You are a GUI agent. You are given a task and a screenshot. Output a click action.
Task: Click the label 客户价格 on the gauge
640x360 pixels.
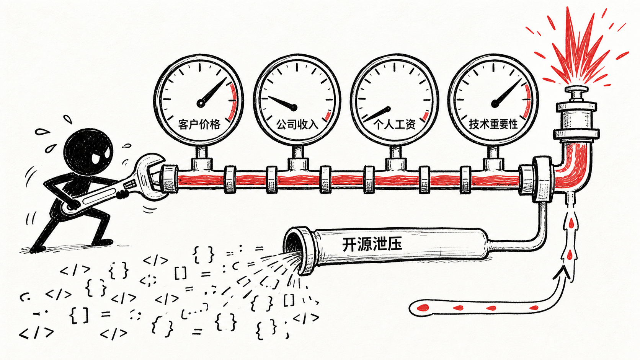(199, 124)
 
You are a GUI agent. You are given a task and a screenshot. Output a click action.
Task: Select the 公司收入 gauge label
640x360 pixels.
(297, 124)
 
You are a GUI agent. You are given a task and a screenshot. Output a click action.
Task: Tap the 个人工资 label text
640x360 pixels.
(395, 124)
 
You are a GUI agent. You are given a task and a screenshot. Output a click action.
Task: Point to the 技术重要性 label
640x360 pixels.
(493, 124)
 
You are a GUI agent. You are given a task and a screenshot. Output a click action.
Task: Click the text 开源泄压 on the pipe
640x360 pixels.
(372, 244)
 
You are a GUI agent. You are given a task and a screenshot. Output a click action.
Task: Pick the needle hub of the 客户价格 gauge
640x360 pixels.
(201, 103)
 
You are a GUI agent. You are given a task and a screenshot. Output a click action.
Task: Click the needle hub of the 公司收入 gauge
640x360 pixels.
(294, 108)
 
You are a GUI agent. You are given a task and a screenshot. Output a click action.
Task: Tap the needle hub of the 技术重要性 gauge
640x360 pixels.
(495, 104)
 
